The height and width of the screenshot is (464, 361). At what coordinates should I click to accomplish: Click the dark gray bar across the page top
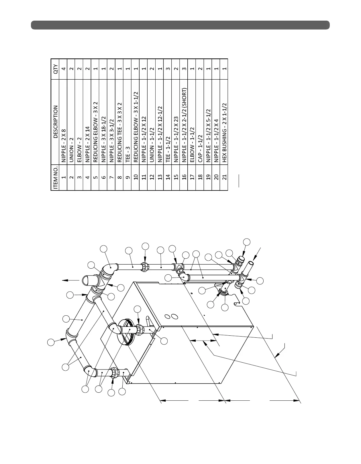(x=180, y=25)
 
